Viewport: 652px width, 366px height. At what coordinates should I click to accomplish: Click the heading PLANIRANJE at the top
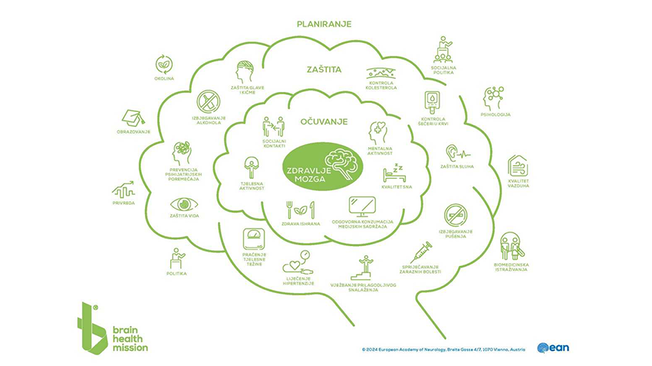coord(324,24)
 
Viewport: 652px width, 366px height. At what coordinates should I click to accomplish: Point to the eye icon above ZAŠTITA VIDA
coord(183,204)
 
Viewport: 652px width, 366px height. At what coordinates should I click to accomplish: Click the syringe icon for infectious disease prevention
coord(420,252)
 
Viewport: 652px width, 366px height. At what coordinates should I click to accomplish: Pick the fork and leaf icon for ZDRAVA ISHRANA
coord(301,208)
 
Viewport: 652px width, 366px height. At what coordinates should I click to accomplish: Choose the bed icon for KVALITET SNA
coord(394,171)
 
